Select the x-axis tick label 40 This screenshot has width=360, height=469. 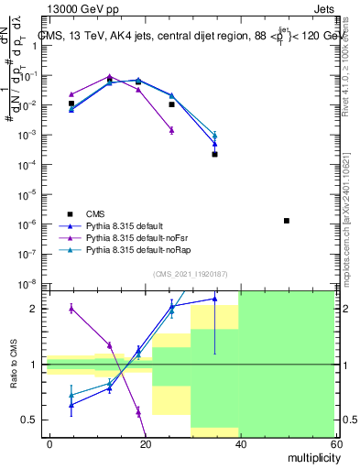[240, 442]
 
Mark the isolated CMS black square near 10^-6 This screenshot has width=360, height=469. [287, 221]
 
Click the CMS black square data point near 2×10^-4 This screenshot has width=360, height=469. [214, 154]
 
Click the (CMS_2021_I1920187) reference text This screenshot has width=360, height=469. [190, 273]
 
